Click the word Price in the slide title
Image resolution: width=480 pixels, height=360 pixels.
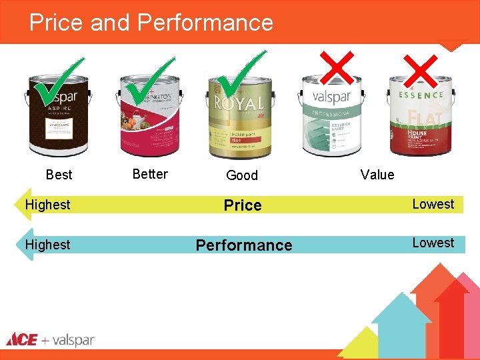(x=57, y=23)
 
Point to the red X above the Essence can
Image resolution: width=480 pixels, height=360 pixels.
(x=422, y=71)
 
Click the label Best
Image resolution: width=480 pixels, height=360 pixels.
(x=59, y=175)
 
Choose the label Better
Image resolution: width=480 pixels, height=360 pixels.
(x=150, y=174)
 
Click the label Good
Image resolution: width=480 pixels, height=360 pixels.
(x=241, y=175)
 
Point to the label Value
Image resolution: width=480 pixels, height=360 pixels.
(x=377, y=175)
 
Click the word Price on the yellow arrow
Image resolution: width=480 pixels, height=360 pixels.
(x=243, y=205)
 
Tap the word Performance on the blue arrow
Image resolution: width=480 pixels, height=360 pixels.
(x=244, y=245)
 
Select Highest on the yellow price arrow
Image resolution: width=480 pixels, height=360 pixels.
(x=47, y=205)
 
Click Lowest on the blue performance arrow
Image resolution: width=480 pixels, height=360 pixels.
(x=433, y=243)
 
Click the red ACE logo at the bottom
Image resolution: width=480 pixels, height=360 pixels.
(x=22, y=339)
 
